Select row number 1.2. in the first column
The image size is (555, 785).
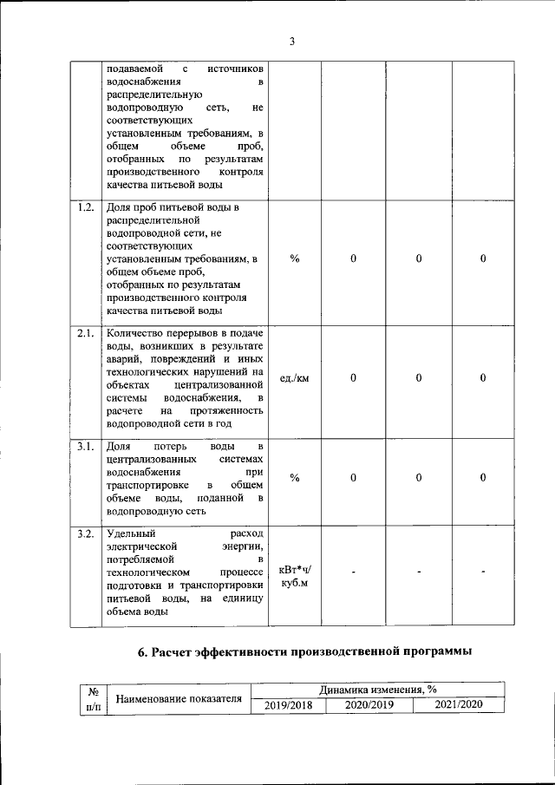coord(86,208)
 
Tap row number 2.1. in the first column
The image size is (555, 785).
coord(86,333)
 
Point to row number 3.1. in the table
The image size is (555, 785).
coord(86,446)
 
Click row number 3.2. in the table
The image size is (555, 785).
coord(86,533)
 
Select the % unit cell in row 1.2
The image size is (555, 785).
coord(295,258)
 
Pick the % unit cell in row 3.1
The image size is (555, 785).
coord(295,478)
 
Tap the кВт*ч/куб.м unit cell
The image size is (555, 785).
coord(295,577)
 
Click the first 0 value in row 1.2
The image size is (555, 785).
coord(354,258)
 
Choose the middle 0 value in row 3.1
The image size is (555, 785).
coord(419,478)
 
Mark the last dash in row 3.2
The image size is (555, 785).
coord(483,572)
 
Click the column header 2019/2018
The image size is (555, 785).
coord(287,705)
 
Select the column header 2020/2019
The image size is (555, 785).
coord(369,705)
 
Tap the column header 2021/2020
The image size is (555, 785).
coord(459,705)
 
